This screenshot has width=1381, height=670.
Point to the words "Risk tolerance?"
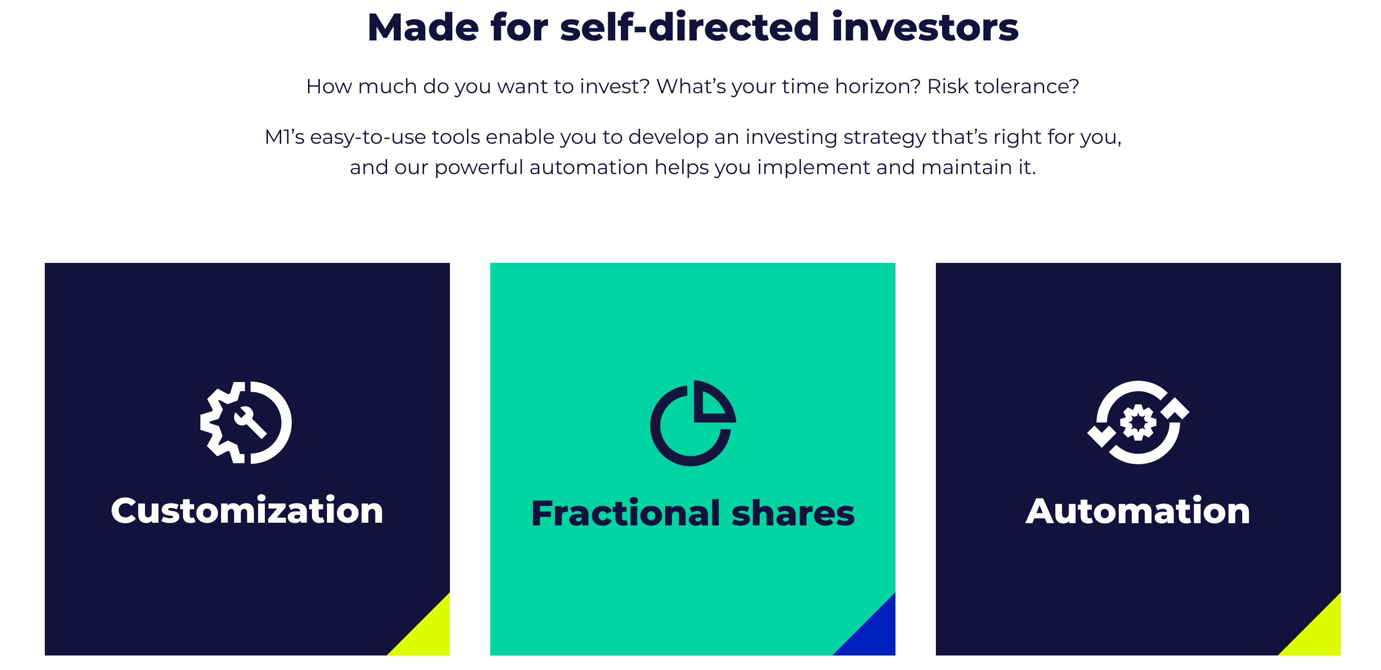tap(1003, 86)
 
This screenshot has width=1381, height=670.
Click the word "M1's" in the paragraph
tap(285, 137)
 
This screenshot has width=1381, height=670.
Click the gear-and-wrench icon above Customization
tap(246, 422)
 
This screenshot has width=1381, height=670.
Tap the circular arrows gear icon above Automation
tap(1138, 422)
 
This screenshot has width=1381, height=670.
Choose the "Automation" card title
tap(1138, 511)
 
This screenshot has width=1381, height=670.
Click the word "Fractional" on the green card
tap(626, 513)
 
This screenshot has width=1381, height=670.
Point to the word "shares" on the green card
tap(793, 513)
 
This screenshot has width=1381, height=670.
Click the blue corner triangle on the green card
tap(874, 634)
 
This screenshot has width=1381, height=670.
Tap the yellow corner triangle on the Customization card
tap(428, 634)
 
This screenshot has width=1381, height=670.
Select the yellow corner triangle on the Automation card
tap(1319, 634)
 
